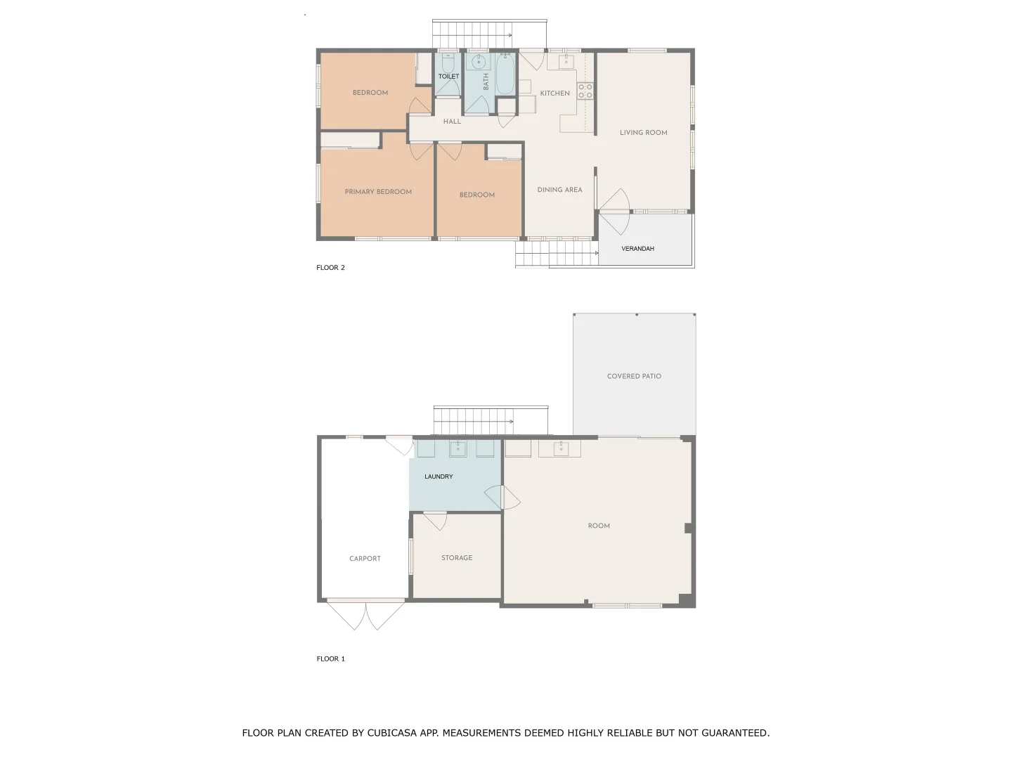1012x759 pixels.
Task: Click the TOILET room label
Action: pos(448,76)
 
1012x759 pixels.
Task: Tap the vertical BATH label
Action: pos(486,82)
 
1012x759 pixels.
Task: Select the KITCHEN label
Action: pos(554,93)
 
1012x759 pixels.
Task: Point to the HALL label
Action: pos(452,122)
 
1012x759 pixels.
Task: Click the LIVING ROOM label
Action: pos(643,132)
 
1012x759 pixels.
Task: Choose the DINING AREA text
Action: pos(559,190)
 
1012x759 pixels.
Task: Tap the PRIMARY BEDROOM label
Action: pos(378,192)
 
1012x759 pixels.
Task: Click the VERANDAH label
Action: pos(637,249)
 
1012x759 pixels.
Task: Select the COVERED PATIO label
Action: pos(634,376)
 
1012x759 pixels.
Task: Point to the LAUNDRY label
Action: pos(439,476)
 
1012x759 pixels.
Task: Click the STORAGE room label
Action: pos(457,558)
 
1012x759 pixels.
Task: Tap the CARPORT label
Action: pos(365,559)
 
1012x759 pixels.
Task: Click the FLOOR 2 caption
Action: pos(330,268)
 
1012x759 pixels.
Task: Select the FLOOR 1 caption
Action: pos(330,659)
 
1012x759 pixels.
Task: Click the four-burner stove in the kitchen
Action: pos(585,91)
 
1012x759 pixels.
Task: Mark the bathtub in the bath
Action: pos(505,75)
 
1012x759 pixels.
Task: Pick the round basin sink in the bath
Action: pos(479,61)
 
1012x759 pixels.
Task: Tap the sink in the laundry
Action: pos(458,448)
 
